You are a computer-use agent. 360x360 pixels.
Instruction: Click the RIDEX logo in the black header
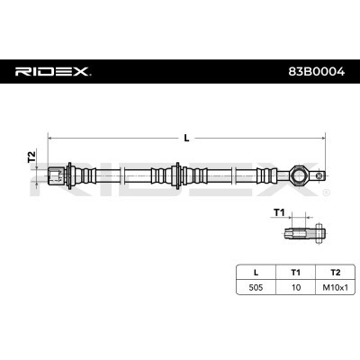pyautogui.click(x=52, y=70)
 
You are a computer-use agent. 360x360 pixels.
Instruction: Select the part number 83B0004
pyautogui.click(x=319, y=70)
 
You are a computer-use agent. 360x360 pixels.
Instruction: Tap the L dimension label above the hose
pyautogui.click(x=186, y=138)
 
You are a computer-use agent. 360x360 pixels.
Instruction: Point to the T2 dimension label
pyautogui.click(x=31, y=157)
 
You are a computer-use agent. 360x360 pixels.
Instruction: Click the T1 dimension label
pyautogui.click(x=279, y=213)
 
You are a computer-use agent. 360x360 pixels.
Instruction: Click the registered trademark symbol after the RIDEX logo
pyautogui.click(x=93, y=66)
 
